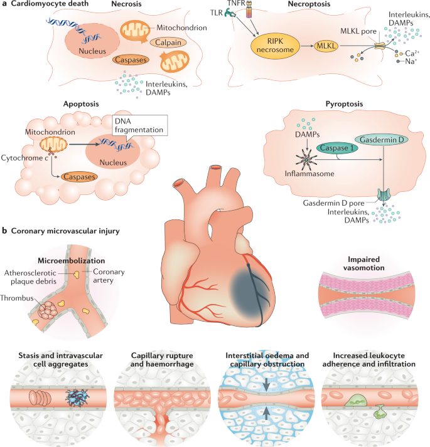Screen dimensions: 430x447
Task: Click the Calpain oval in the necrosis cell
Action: tap(168, 43)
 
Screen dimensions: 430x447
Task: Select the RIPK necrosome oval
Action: tap(275, 46)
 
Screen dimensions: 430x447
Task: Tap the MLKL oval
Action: tap(326, 46)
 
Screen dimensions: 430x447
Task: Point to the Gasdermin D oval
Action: tap(382, 140)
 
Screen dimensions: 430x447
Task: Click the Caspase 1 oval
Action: tap(337, 148)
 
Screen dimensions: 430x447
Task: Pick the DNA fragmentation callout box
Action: tap(139, 125)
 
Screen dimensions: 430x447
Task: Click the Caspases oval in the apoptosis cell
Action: tap(79, 177)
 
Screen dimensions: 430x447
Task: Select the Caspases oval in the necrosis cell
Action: tap(131, 60)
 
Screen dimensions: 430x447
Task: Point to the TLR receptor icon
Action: tap(230, 13)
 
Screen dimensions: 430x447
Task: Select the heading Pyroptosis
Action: tap(344, 104)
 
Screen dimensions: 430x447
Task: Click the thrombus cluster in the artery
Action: tap(48, 310)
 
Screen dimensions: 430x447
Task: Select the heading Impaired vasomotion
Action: tap(363, 263)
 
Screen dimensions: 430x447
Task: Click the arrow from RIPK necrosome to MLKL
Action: tap(307, 46)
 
